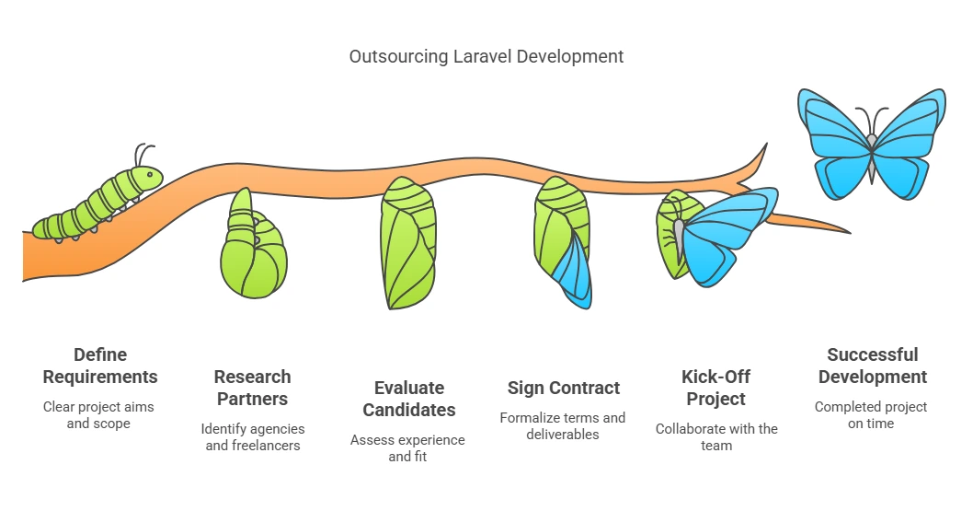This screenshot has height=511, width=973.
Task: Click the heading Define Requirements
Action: (100, 366)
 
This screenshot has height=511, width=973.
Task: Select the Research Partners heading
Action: (252, 388)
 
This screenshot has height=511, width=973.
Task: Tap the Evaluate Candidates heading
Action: (408, 399)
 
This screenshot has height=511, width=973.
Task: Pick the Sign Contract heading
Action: (564, 388)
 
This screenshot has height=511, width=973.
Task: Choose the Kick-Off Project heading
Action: (716, 388)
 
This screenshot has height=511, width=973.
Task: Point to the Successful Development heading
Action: (872, 366)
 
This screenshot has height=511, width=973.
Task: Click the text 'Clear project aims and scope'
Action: (99, 415)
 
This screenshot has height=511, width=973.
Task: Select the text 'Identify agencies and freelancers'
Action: (254, 437)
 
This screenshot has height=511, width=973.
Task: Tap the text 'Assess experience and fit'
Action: (407, 448)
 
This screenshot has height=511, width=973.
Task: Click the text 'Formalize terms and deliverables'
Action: (563, 426)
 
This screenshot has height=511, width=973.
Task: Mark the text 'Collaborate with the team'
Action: (716, 437)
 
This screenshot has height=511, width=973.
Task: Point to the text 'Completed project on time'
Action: (871, 415)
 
